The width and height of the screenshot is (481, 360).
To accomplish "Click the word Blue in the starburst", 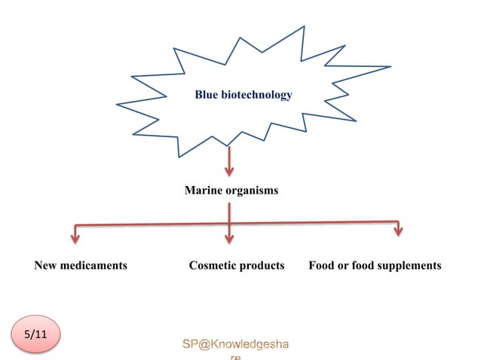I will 206,95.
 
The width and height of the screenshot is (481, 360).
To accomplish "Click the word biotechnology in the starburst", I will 255,95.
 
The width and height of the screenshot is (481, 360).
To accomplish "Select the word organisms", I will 251,191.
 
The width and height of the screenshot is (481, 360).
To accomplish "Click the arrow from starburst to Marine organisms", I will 229,160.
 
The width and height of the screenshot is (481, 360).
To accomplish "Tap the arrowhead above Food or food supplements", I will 398,230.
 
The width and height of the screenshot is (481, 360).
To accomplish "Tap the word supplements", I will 409,266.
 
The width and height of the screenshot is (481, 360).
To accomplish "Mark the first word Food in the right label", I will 322,266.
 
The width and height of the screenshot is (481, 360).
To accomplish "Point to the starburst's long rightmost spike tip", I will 391,67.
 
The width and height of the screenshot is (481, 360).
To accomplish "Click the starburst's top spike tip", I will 304,26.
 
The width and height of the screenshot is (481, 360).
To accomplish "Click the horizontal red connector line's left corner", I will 75,225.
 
